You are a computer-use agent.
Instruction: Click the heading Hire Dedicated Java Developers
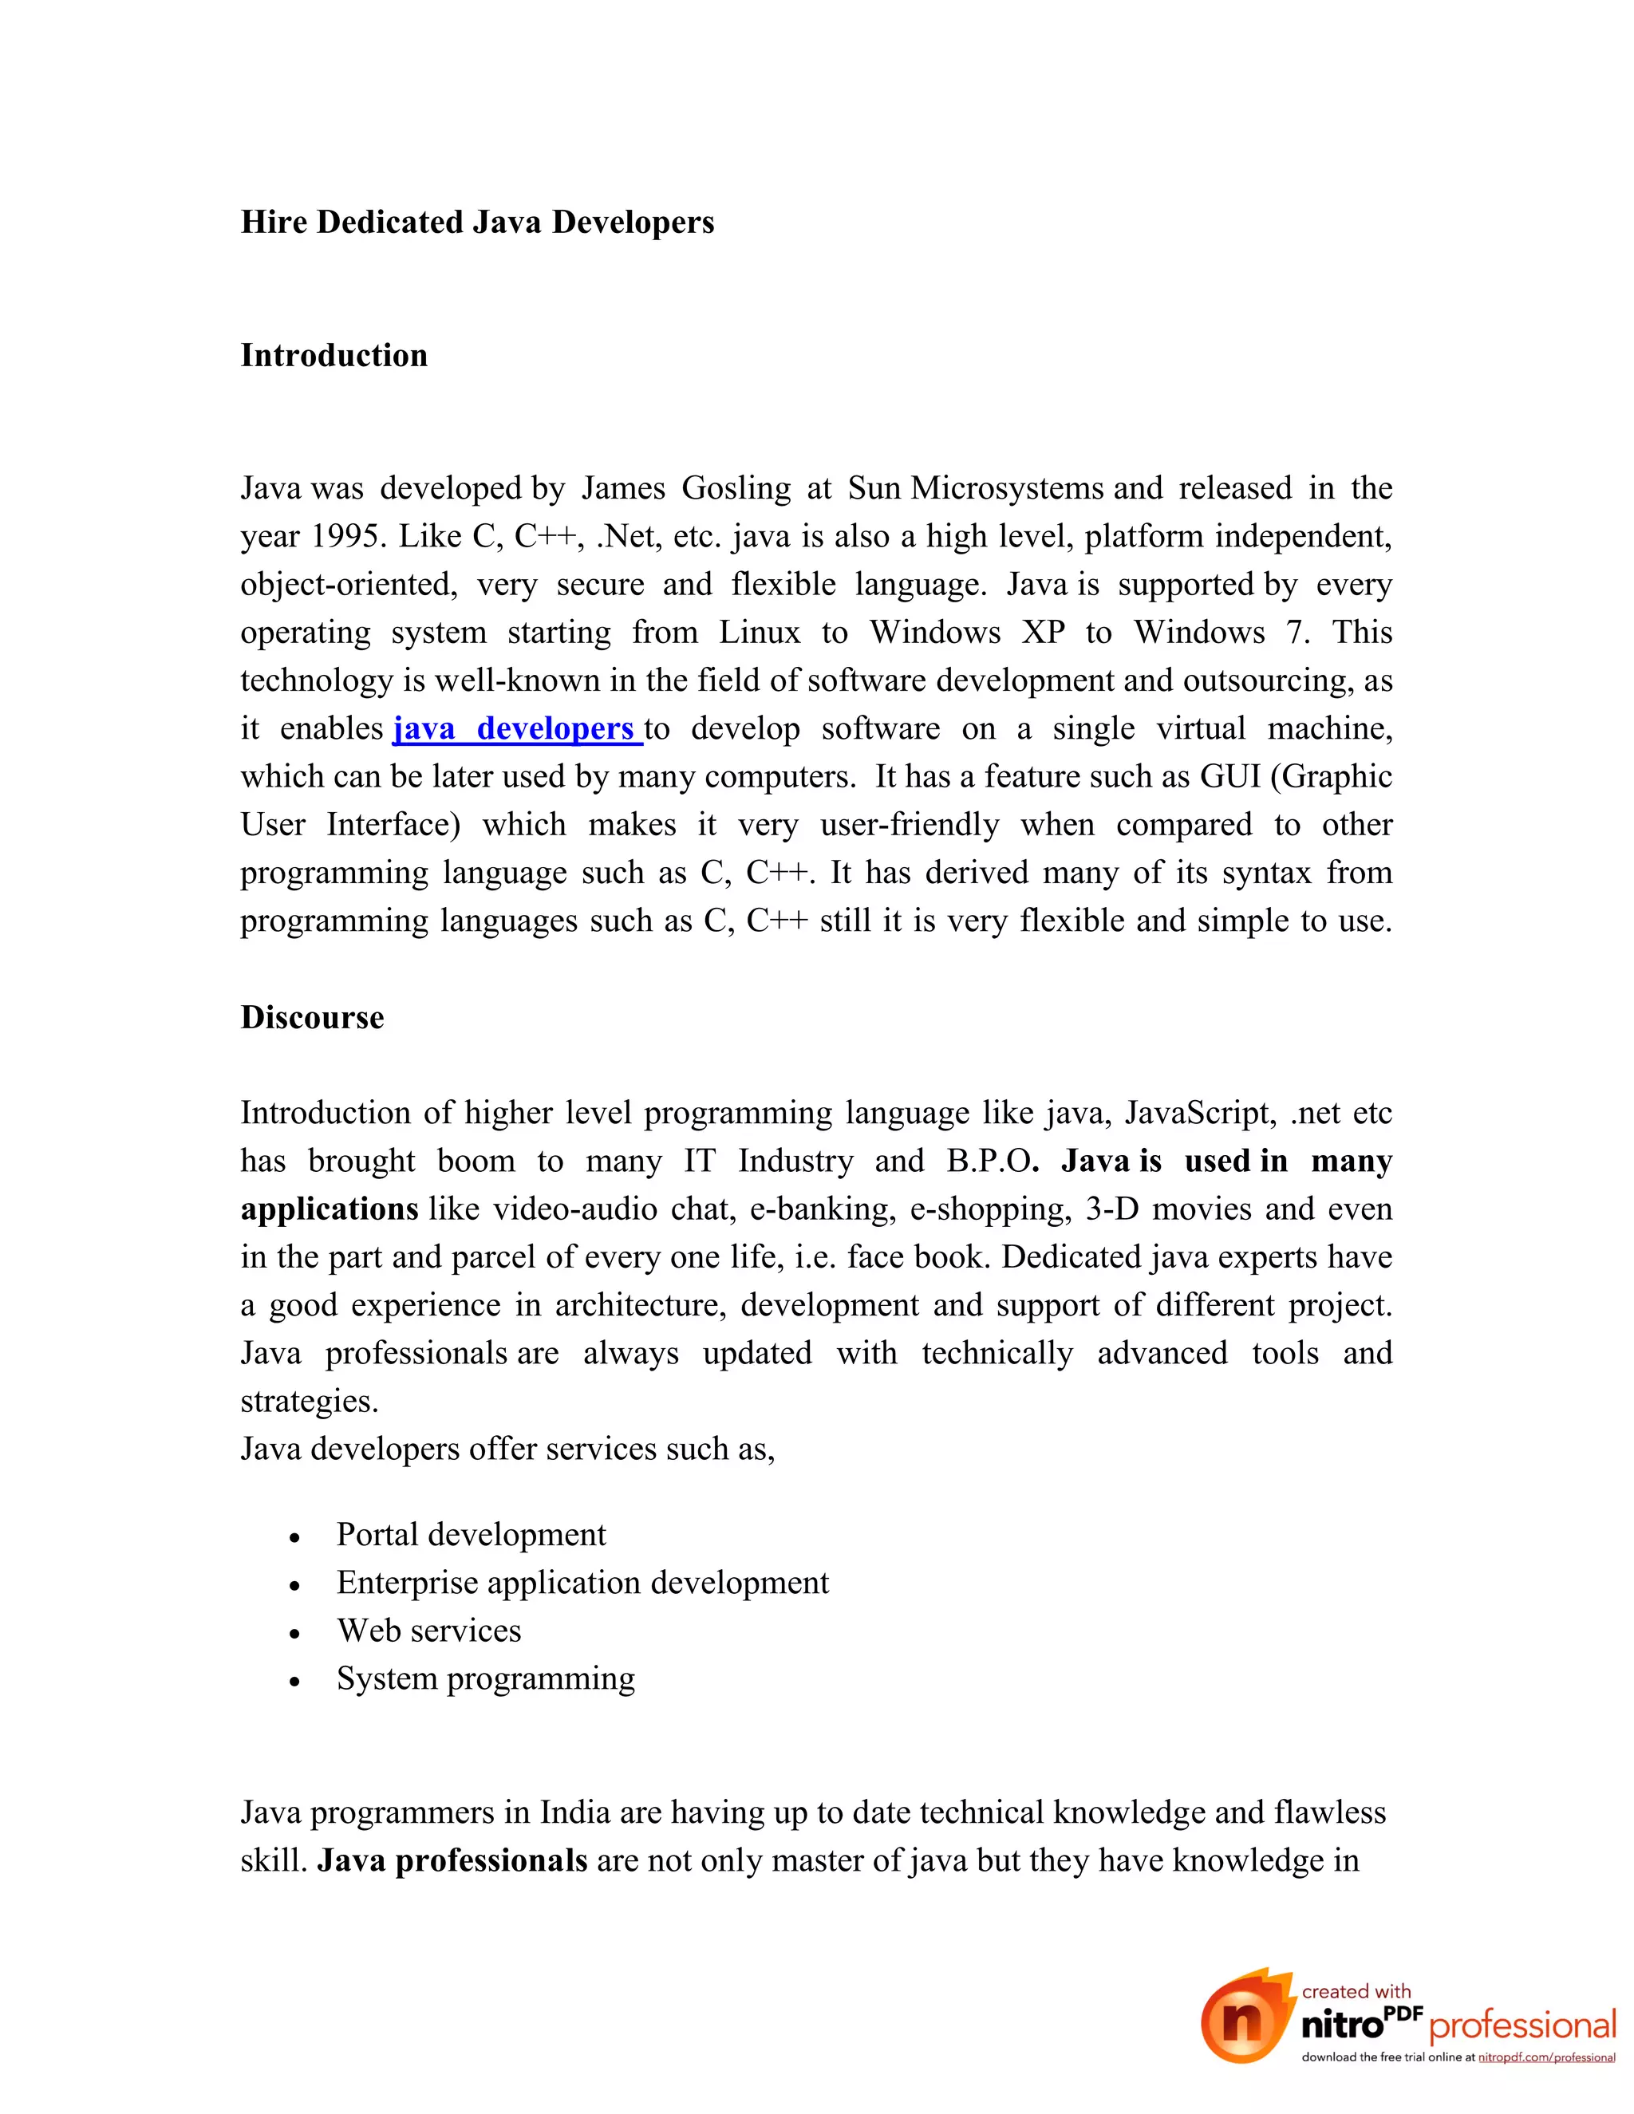click(x=477, y=223)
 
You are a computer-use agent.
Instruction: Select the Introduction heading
click(x=334, y=355)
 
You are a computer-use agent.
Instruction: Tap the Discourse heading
click(x=312, y=1017)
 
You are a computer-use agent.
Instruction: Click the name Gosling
click(x=736, y=488)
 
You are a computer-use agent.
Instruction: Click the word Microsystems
click(x=1007, y=488)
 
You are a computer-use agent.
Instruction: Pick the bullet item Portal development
click(x=471, y=1534)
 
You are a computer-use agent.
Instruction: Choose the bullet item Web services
click(x=428, y=1630)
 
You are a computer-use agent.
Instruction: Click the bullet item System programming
click(x=485, y=1678)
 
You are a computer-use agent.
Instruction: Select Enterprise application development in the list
click(x=582, y=1583)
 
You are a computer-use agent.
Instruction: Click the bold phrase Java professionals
click(x=452, y=1860)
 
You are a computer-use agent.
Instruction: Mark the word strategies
click(x=309, y=1402)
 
